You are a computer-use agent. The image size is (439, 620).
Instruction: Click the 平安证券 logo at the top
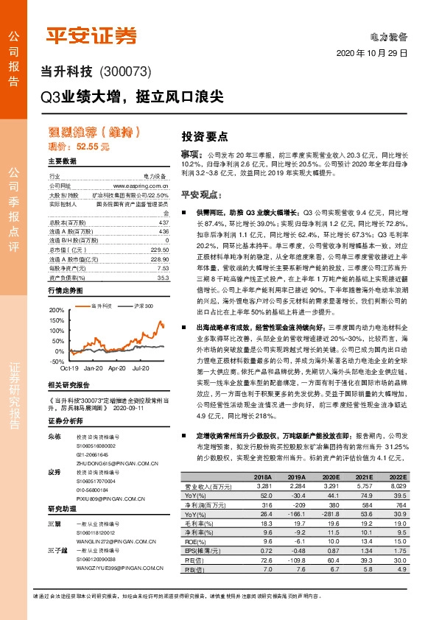coord(92,35)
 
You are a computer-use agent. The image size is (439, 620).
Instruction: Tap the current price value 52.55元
coord(94,147)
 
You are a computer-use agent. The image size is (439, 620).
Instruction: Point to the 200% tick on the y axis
coord(56,292)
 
